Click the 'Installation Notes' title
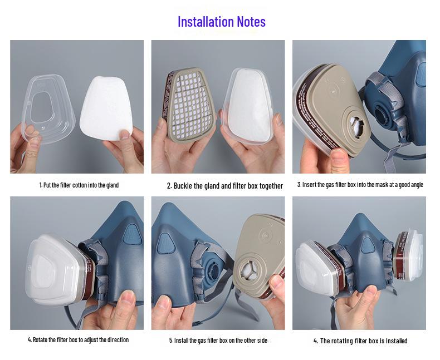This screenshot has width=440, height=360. click(x=221, y=22)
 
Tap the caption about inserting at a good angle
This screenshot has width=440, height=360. click(x=360, y=184)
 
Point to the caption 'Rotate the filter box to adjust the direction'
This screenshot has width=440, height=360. click(x=78, y=339)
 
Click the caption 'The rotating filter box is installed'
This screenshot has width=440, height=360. click(x=360, y=341)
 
